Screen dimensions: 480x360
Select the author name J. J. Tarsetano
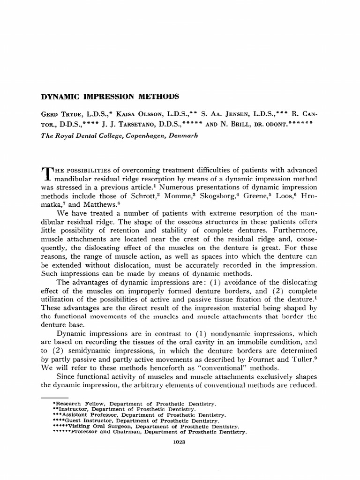click(x=123, y=125)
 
